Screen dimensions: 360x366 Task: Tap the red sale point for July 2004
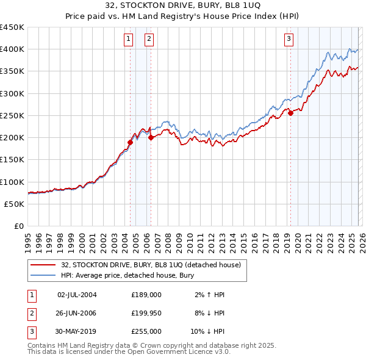(x=130, y=143)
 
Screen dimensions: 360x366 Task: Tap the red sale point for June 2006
(x=151, y=138)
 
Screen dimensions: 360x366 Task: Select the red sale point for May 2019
(x=290, y=113)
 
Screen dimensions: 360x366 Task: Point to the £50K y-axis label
(x=15, y=204)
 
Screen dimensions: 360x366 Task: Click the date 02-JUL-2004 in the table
(x=77, y=295)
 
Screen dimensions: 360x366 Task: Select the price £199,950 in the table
(x=146, y=313)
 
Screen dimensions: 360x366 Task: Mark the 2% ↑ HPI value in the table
(x=209, y=295)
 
